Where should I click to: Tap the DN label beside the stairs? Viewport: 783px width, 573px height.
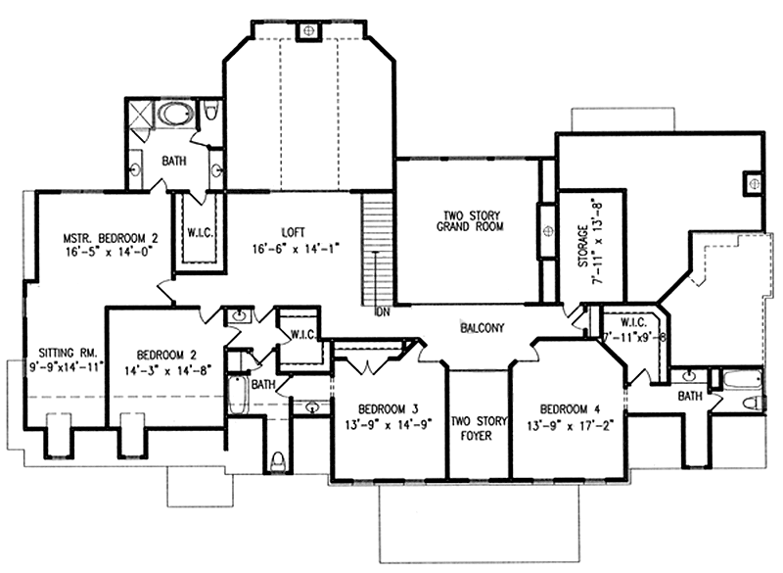click(383, 314)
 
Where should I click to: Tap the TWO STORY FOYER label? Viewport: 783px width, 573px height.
click(480, 428)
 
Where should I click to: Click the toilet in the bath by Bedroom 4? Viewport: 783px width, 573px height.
click(750, 403)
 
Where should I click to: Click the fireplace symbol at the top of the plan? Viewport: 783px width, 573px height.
click(309, 31)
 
